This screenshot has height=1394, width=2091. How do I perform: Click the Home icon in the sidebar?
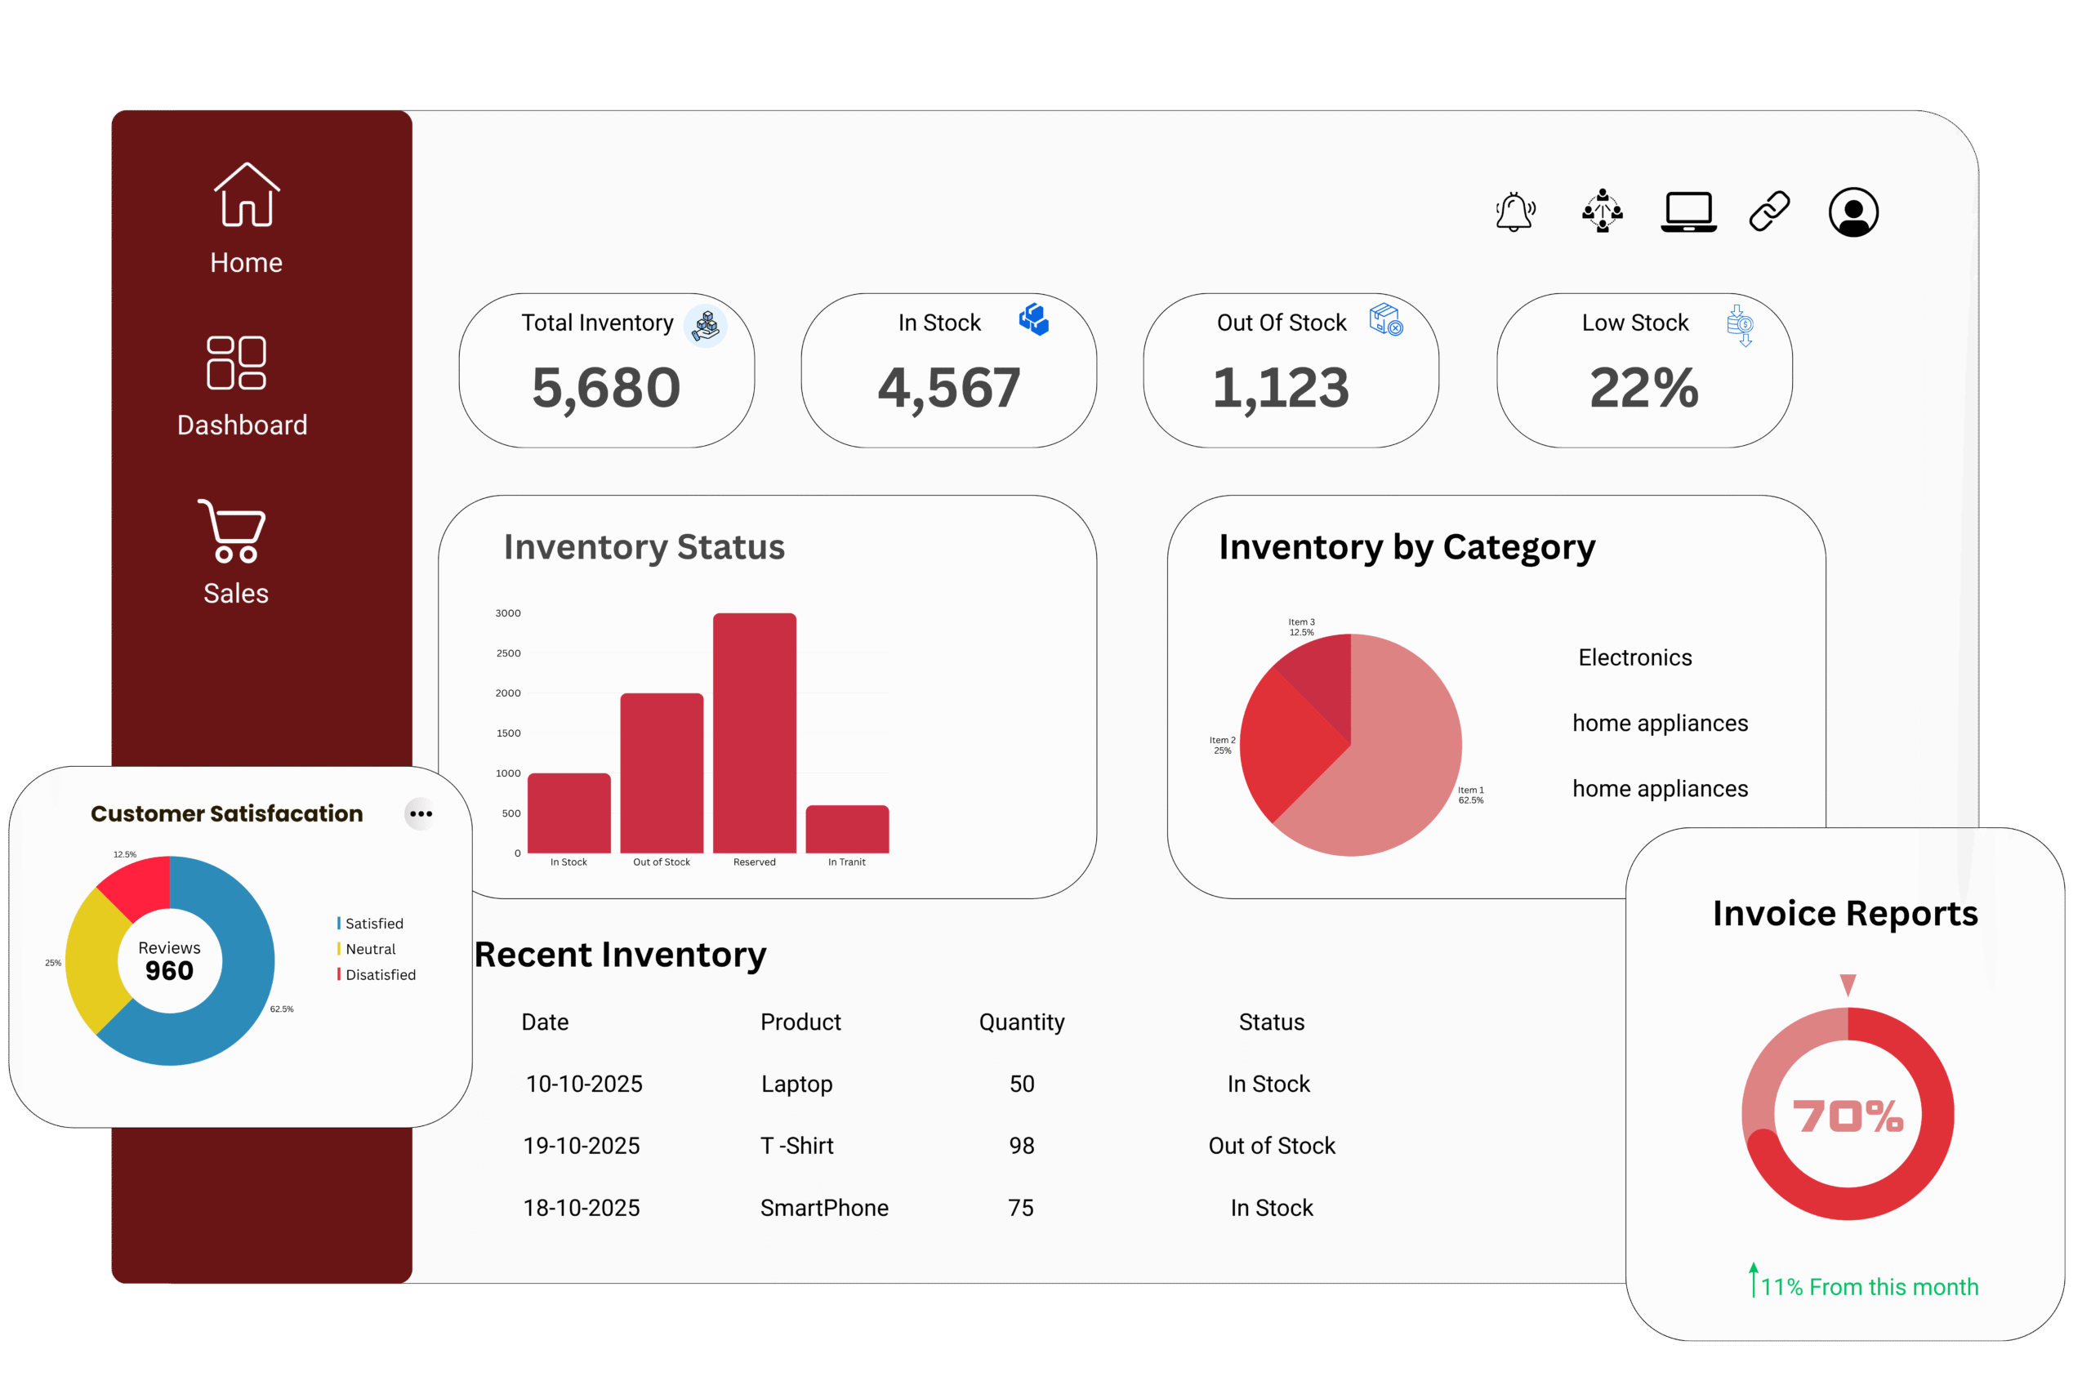pyautogui.click(x=246, y=196)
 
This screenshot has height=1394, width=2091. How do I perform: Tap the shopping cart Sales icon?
pyautogui.click(x=232, y=531)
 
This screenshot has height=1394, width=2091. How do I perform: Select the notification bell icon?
pyautogui.click(x=1515, y=212)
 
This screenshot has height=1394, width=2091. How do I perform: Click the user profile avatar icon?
pyautogui.click(x=1852, y=212)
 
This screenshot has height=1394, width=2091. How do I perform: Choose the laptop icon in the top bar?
pyautogui.click(x=1688, y=212)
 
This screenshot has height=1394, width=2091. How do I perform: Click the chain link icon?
pyautogui.click(x=1769, y=212)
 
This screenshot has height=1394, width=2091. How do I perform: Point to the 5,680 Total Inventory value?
pyautogui.click(x=606, y=388)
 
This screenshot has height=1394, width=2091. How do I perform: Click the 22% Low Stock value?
pyautogui.click(x=1644, y=388)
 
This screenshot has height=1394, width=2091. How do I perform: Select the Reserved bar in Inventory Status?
pyautogui.click(x=754, y=733)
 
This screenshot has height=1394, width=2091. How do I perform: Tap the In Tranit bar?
pyautogui.click(x=846, y=829)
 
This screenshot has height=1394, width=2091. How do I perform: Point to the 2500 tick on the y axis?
pyautogui.click(x=509, y=653)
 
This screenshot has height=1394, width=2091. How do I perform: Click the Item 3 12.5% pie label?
pyautogui.click(x=1301, y=626)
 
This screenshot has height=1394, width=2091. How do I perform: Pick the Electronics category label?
pyautogui.click(x=1635, y=658)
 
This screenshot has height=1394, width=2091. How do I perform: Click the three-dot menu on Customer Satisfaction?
pyautogui.click(x=421, y=813)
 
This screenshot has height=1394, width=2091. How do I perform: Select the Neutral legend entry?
pyautogui.click(x=370, y=950)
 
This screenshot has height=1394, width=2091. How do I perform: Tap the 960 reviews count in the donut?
pyautogui.click(x=169, y=971)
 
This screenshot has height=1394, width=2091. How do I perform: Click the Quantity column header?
pyautogui.click(x=1022, y=1022)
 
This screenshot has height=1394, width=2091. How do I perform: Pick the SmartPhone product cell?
pyautogui.click(x=824, y=1208)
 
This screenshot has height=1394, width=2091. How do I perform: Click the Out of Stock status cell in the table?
pyautogui.click(x=1271, y=1146)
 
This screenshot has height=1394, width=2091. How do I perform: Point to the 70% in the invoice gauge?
pyautogui.click(x=1848, y=1116)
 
